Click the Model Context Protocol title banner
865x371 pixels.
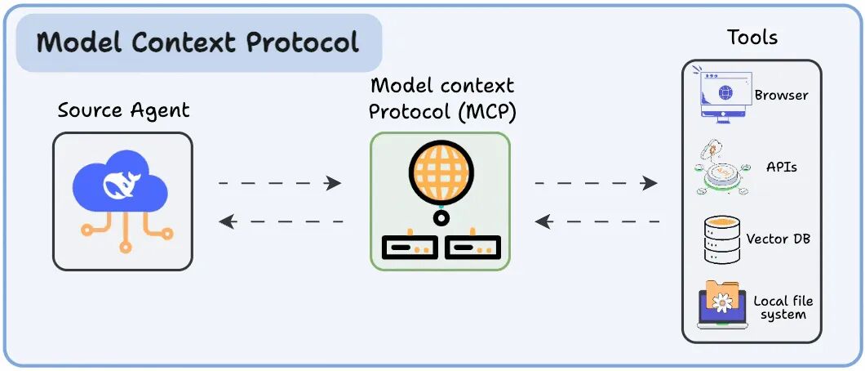click(199, 42)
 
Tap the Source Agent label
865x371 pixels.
click(122, 110)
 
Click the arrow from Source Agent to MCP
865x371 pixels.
click(280, 183)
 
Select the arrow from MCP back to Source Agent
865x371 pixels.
click(280, 221)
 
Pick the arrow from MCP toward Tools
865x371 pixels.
click(596, 183)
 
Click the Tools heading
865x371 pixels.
click(752, 38)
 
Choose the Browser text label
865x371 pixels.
click(781, 96)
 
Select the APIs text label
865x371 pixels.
click(782, 167)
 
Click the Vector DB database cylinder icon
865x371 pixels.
click(721, 239)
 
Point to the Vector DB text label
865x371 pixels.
click(778, 239)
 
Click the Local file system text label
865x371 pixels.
click(783, 308)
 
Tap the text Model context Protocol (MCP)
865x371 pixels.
click(441, 97)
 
